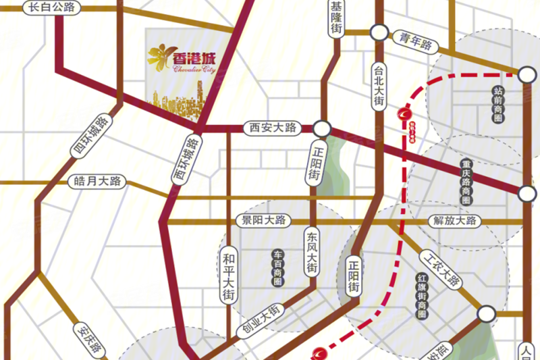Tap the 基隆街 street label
pyautogui.click(x=337, y=18)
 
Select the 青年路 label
pyautogui.click(x=416, y=42)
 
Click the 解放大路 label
pyautogui.click(x=453, y=221)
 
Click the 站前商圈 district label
pyautogui.click(x=499, y=103)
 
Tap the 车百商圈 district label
pyautogui.click(x=277, y=268)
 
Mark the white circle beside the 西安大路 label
pyautogui.click(x=321, y=128)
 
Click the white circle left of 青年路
pyautogui.click(x=379, y=32)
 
